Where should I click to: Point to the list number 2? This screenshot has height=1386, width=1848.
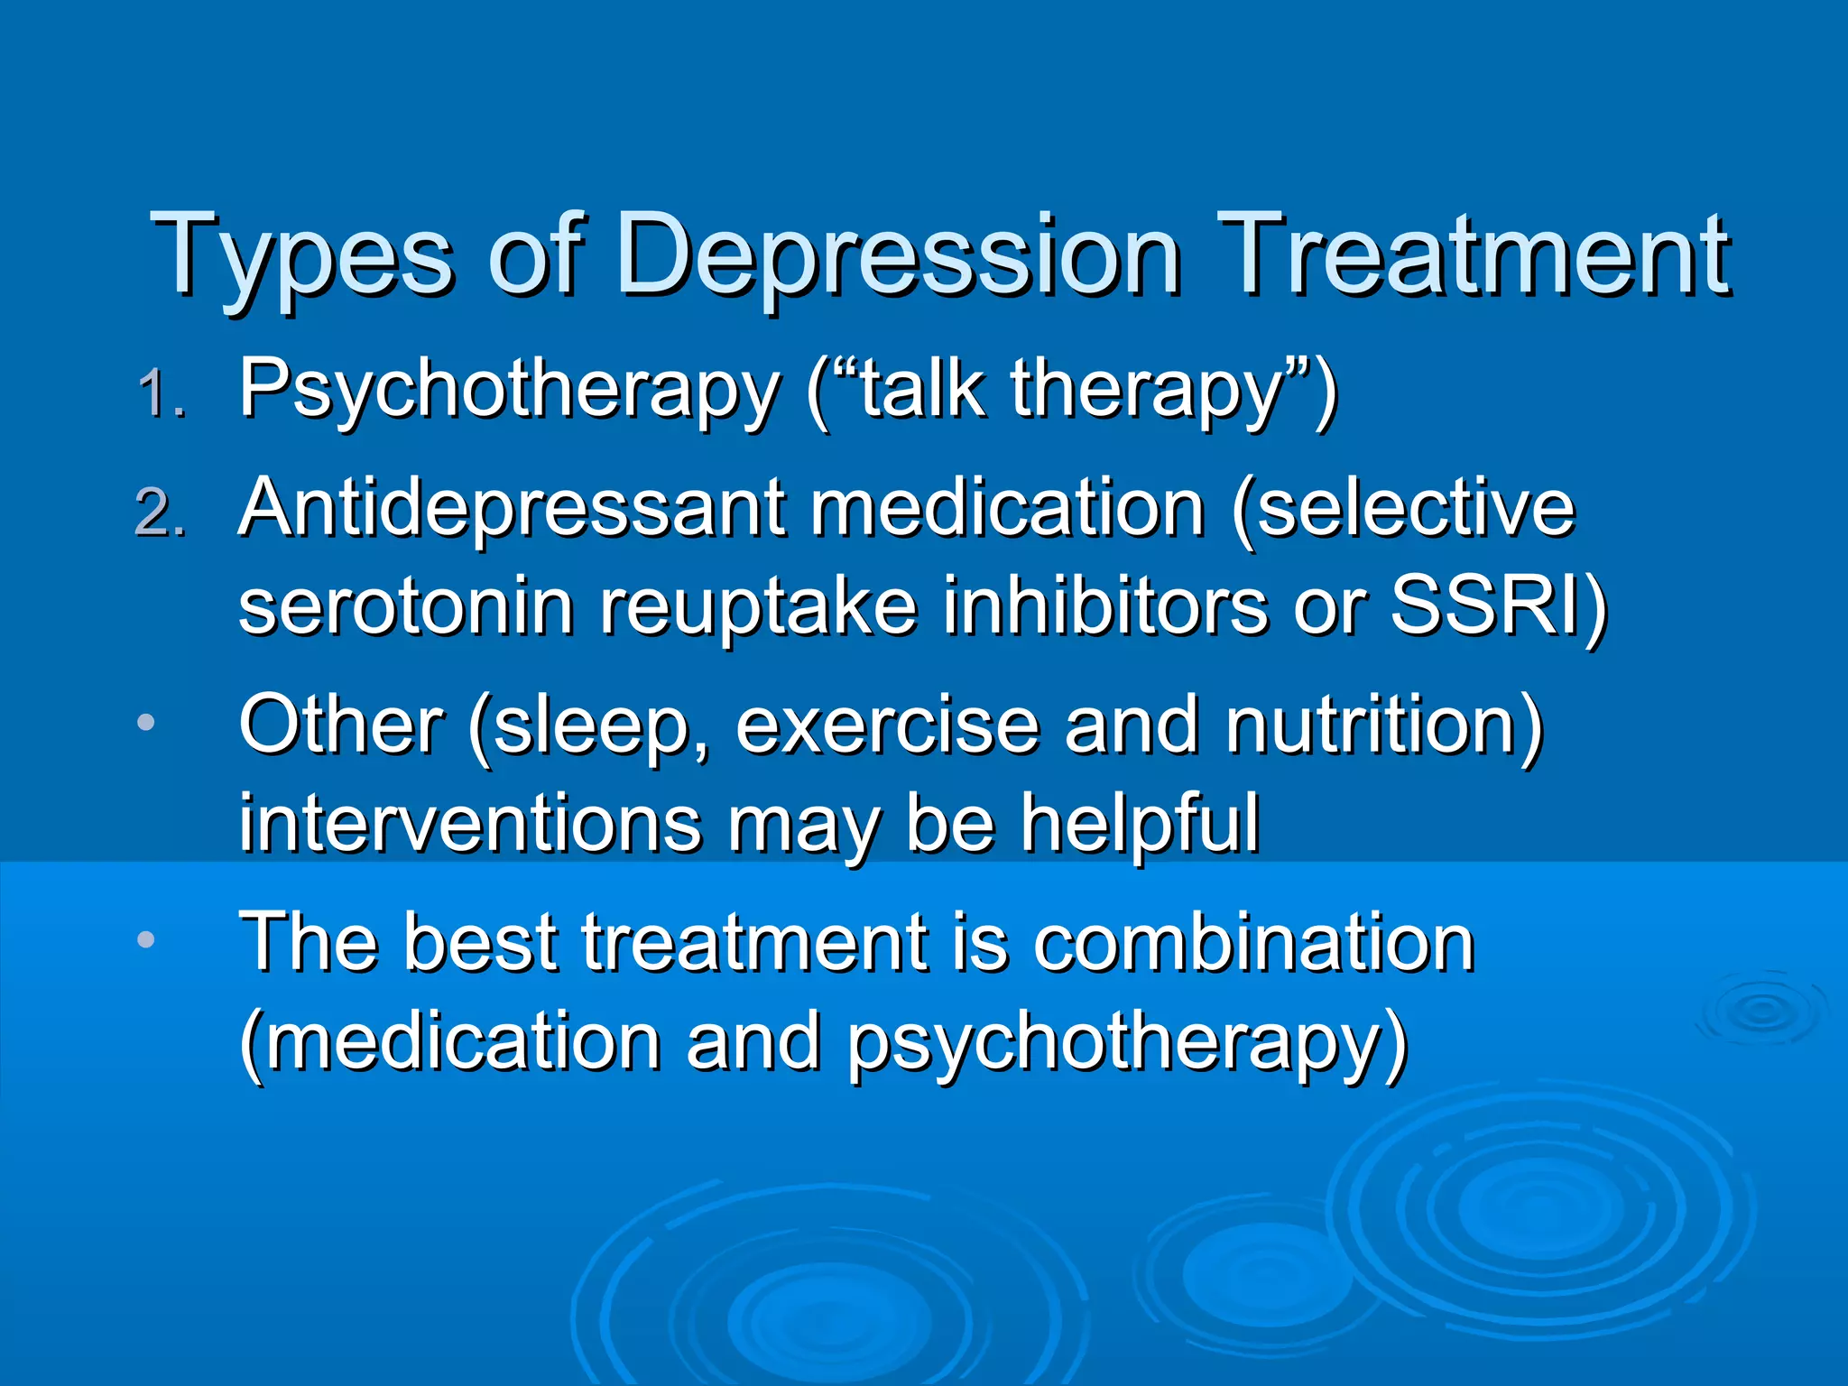point(161,513)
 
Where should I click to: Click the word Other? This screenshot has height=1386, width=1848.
point(340,725)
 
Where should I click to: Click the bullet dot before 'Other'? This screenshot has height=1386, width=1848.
point(146,723)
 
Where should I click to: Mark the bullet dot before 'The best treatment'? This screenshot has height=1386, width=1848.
point(146,940)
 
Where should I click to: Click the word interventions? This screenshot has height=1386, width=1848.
point(470,823)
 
